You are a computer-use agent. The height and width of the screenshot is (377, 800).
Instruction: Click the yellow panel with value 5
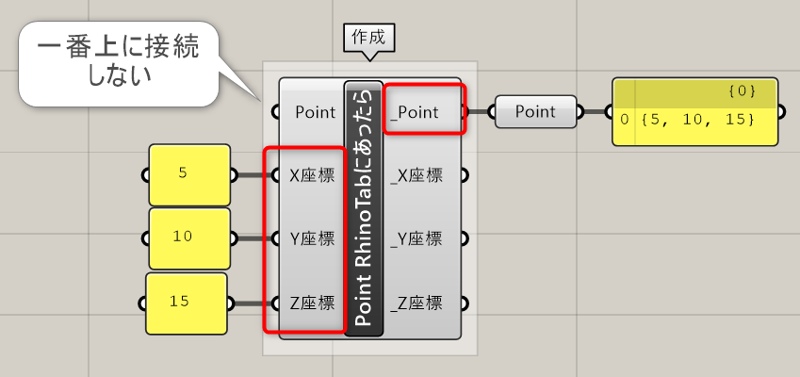[189, 175]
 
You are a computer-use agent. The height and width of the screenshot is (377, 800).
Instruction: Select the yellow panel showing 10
[189, 238]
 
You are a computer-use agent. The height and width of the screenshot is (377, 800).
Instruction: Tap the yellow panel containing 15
[187, 303]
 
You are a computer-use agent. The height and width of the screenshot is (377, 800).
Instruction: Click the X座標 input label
[312, 175]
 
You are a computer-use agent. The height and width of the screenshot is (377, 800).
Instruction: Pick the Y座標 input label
[312, 238]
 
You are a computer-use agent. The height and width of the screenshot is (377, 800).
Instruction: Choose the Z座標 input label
[312, 303]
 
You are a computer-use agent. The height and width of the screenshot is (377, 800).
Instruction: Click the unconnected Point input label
[316, 112]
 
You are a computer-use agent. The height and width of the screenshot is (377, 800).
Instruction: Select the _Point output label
[415, 112]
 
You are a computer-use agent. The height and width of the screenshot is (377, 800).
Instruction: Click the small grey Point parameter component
[536, 111]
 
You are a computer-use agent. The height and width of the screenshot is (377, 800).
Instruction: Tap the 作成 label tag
[368, 38]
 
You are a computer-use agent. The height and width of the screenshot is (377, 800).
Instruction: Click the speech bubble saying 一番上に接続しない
[119, 63]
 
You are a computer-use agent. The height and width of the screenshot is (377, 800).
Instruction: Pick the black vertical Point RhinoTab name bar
[364, 208]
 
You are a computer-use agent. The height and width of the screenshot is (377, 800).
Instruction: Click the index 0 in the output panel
[625, 121]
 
